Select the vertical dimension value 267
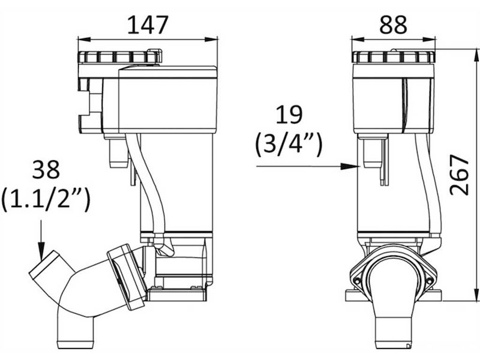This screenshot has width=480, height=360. [460, 175]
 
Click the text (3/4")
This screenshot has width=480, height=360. [289, 145]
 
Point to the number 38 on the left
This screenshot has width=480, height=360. [46, 170]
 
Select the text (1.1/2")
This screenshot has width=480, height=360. [46, 199]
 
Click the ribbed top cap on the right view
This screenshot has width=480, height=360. [393, 58]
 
